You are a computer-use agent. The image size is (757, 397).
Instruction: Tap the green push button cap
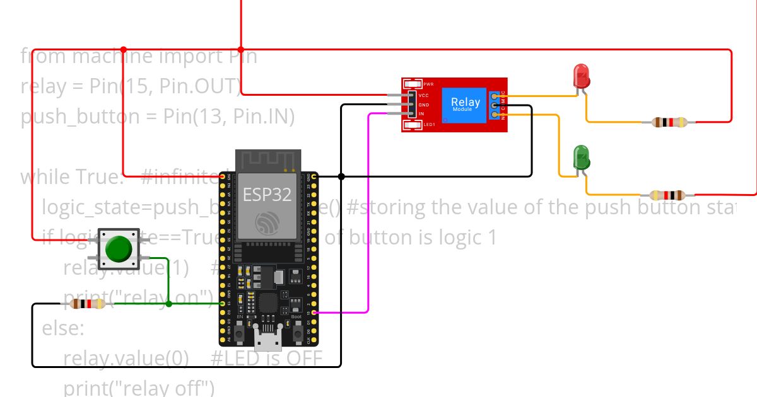click(118, 249)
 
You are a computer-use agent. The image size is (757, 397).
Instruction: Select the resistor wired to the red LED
click(670, 122)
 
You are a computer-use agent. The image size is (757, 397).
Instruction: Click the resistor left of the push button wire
click(87, 304)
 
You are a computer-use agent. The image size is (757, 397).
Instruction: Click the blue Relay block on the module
click(466, 104)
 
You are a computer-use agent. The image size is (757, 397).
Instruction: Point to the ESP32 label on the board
click(268, 195)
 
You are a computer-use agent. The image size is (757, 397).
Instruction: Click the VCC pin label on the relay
click(423, 96)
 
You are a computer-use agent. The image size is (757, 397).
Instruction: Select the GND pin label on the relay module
click(423, 105)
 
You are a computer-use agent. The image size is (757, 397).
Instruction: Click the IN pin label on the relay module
click(421, 113)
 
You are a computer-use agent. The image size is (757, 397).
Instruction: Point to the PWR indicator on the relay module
click(414, 84)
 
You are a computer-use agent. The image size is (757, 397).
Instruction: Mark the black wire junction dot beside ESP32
click(341, 176)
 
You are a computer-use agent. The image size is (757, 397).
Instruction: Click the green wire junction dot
click(168, 304)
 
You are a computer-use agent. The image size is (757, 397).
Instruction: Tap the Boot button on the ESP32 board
click(298, 330)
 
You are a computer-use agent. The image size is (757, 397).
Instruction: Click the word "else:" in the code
click(62, 328)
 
